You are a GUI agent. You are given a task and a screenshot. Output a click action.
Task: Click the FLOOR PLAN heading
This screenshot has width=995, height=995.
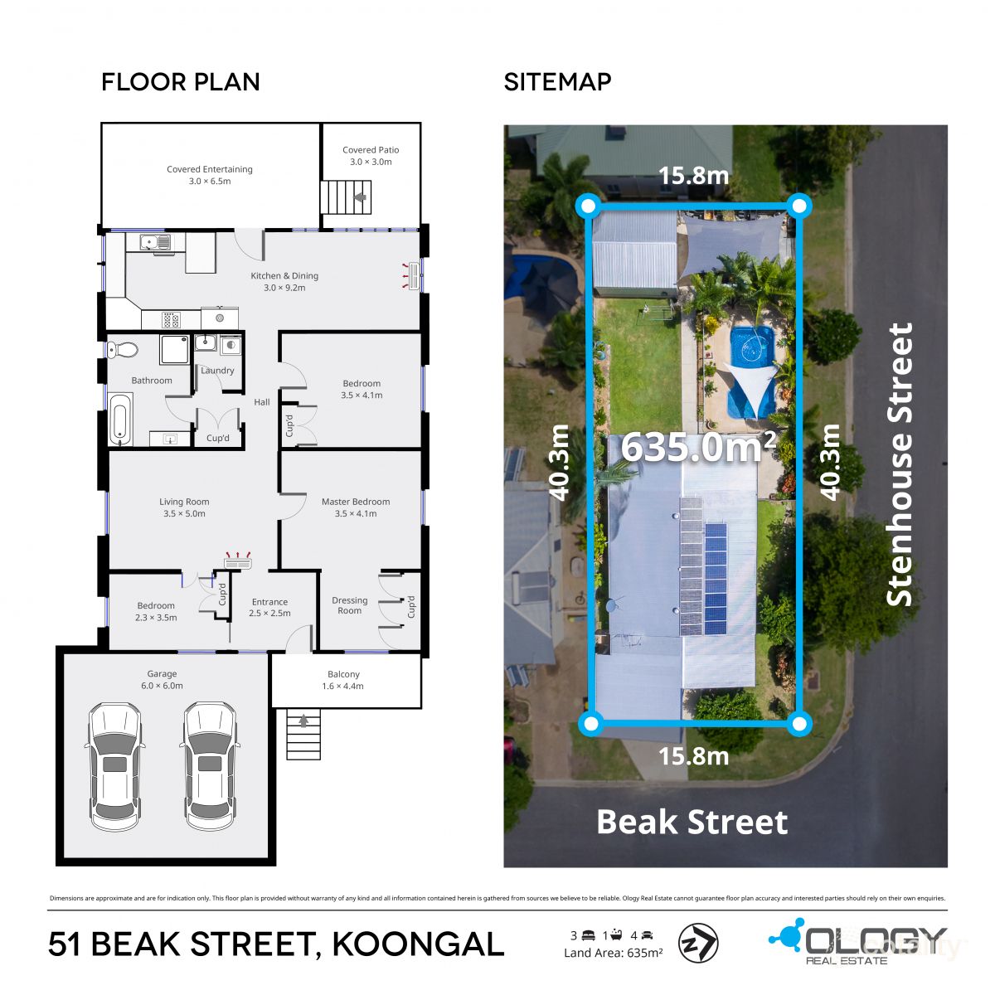[181, 82]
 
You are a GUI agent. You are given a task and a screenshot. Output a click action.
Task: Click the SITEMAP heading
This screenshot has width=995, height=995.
[557, 82]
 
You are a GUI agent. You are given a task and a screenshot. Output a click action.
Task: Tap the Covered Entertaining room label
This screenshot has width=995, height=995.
[210, 175]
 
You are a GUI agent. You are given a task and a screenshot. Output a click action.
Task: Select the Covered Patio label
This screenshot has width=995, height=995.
[371, 156]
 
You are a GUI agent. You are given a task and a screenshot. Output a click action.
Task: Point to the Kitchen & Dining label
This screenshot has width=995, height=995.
[284, 281]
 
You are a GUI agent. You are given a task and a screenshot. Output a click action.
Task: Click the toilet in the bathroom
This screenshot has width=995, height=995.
[123, 350]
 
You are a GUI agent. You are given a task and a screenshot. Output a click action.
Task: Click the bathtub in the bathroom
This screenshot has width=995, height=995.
[119, 420]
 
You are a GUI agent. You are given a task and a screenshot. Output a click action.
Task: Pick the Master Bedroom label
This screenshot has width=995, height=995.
[355, 507]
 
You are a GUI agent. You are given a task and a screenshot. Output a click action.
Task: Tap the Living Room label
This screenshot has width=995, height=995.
[184, 507]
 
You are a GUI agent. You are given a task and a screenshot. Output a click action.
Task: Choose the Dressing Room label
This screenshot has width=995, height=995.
[349, 605]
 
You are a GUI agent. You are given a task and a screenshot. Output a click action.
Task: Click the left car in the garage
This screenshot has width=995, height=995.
[115, 766]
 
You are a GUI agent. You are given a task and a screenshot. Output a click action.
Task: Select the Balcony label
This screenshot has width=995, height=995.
[343, 680]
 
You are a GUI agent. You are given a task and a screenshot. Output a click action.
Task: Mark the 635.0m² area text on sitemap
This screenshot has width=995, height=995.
[698, 448]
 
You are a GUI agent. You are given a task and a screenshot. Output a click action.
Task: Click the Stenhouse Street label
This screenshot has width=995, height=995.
[900, 464]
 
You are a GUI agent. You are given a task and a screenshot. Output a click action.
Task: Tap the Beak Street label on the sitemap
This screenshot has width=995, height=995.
[692, 822]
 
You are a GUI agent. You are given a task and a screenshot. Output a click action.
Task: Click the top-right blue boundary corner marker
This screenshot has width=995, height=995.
[798, 205]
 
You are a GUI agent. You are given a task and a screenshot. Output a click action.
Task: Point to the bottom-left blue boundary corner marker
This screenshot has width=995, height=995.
[590, 724]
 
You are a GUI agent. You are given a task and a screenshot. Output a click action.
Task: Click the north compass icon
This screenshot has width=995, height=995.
[698, 944]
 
